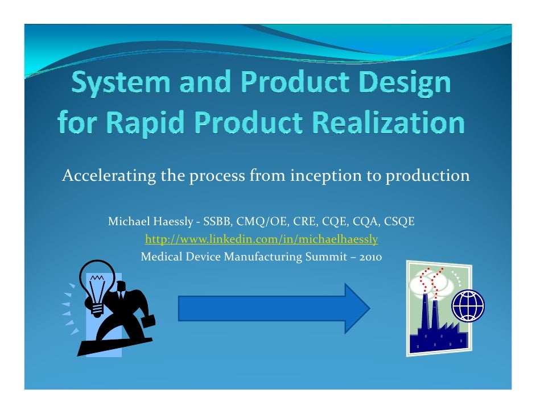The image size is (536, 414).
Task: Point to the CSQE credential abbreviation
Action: [399, 221]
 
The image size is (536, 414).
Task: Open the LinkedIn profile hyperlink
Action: [261, 239]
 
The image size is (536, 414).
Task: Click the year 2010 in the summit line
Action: [371, 257]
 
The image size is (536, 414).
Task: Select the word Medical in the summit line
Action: [160, 257]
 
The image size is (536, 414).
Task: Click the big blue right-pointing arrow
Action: [274, 308]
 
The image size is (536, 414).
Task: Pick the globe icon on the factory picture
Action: [468, 306]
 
